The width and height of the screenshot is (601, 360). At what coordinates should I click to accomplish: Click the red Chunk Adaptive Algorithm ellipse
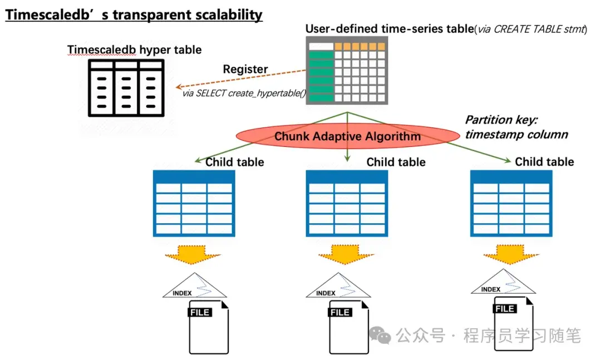348,136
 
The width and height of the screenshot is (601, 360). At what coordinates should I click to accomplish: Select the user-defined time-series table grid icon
347,71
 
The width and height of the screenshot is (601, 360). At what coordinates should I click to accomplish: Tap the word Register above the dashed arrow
245,70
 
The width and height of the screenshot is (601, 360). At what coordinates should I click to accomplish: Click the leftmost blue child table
194,203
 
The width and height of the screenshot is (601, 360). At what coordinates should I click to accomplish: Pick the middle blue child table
347,203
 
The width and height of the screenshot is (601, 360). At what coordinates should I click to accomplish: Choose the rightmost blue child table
511,203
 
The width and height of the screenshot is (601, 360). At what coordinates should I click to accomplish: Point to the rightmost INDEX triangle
503,283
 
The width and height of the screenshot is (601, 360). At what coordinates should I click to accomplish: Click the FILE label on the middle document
340,313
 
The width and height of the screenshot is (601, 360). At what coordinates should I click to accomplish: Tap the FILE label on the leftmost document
199,313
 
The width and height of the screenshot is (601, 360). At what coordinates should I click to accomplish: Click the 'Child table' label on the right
544,162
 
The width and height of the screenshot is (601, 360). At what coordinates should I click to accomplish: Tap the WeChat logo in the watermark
382,335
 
